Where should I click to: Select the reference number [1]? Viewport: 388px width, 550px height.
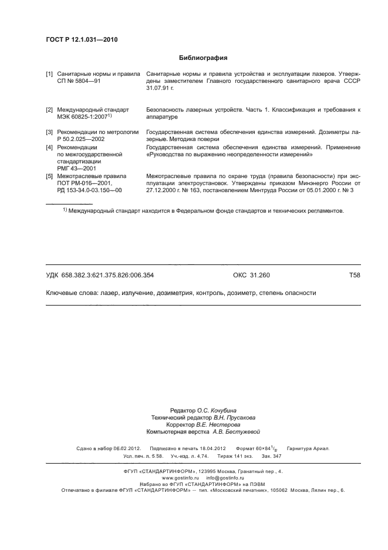coord(49,75)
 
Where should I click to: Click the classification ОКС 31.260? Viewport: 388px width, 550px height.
coord(251,275)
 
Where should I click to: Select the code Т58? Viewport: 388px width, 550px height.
coord(355,275)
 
